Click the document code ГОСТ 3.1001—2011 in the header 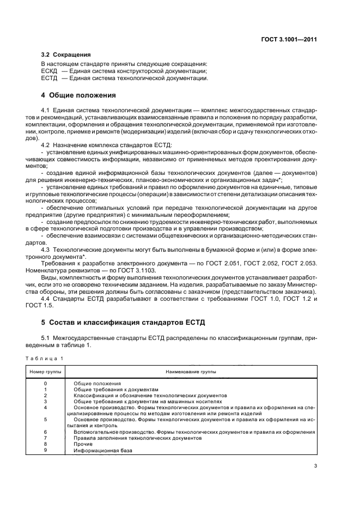tap(289, 39)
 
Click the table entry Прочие tap(84, 444)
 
